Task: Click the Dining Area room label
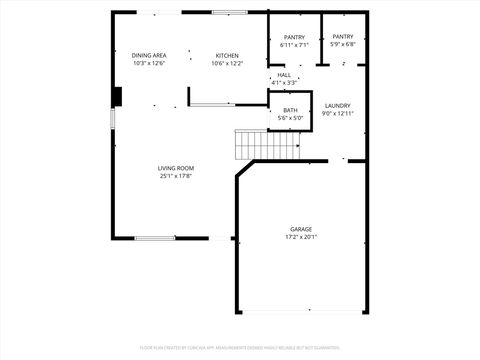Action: (x=148, y=55)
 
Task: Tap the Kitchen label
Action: (x=227, y=55)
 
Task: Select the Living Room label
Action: (x=176, y=168)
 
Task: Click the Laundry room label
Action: (x=337, y=105)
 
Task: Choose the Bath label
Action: (x=290, y=110)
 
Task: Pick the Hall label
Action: (x=284, y=75)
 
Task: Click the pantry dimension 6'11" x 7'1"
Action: (x=294, y=45)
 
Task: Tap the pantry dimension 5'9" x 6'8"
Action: (x=343, y=45)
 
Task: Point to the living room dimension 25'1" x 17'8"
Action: (x=176, y=176)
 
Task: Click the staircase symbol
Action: (x=267, y=144)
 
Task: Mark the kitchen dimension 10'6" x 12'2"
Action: (x=227, y=63)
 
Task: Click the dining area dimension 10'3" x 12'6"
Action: (x=148, y=63)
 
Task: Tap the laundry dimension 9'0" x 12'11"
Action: (x=338, y=113)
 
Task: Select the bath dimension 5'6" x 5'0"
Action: (x=290, y=118)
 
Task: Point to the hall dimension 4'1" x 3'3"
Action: (x=284, y=83)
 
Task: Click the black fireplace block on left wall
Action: (x=117, y=96)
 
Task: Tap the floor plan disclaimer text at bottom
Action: (x=240, y=347)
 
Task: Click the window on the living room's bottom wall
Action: (x=155, y=238)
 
